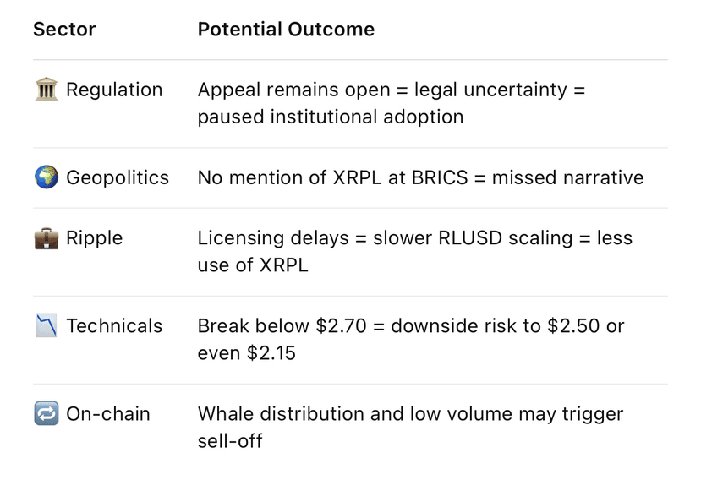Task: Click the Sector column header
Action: tap(64, 30)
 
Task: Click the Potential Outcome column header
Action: tap(286, 30)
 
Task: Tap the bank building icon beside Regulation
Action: tap(47, 90)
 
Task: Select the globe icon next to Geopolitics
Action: tap(47, 177)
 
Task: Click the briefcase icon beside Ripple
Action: tap(47, 238)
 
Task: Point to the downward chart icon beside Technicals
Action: tap(47, 325)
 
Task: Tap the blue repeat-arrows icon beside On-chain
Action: tap(47, 413)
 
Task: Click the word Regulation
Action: tap(114, 90)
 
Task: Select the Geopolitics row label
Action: tap(118, 177)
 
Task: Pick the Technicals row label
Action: tap(114, 325)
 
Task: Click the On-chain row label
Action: tap(108, 414)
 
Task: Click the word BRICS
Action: tap(440, 177)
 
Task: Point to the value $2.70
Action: tap(341, 325)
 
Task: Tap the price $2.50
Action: tap(573, 325)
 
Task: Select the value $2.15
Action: tap(271, 353)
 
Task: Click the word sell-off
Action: tap(230, 441)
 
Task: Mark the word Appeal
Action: tap(229, 90)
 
